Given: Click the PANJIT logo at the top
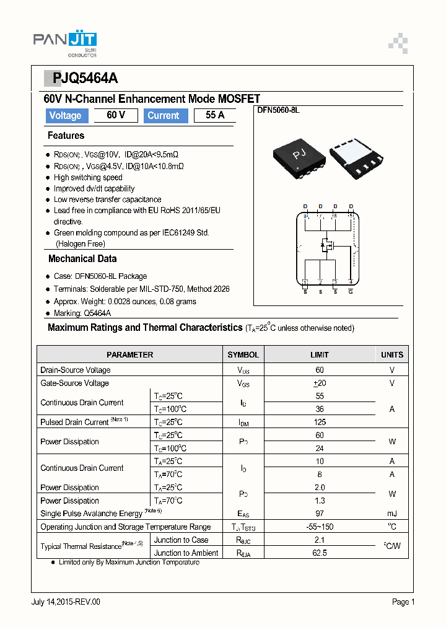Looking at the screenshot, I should tap(65, 42).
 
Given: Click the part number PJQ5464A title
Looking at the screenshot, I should tap(85, 78).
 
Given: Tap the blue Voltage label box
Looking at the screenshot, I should tap(65, 115).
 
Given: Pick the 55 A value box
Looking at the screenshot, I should tap(214, 115).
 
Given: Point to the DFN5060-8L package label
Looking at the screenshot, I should tap(278, 110).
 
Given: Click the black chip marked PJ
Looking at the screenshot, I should tap(300, 155).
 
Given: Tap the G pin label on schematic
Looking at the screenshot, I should tap(351, 291).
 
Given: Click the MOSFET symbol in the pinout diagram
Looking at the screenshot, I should tap(326, 246).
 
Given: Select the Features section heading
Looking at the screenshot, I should tap(66, 136).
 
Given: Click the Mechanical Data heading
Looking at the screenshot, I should tap(82, 259).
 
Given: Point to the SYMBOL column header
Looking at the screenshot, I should tap(243, 355).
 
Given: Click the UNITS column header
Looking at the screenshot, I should tap(391, 355).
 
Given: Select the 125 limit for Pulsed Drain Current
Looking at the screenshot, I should tap(320, 422).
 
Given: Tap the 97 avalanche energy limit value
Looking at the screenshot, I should tap(320, 514).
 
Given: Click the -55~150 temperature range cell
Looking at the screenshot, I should tap(320, 527).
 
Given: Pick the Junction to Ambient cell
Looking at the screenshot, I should tap(186, 553).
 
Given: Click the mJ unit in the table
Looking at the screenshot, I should tap(391, 514).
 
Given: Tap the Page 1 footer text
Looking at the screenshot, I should tap(403, 602).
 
